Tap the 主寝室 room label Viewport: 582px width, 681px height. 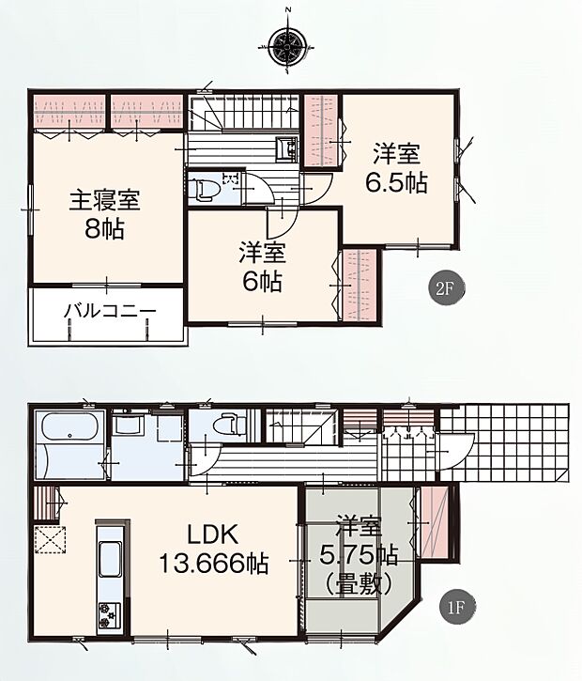pyautogui.click(x=104, y=200)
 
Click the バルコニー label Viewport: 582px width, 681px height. pyautogui.click(x=110, y=312)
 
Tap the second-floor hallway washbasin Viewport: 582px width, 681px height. pyautogui.click(x=285, y=149)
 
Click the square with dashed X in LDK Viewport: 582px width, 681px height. pyautogui.click(x=49, y=542)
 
